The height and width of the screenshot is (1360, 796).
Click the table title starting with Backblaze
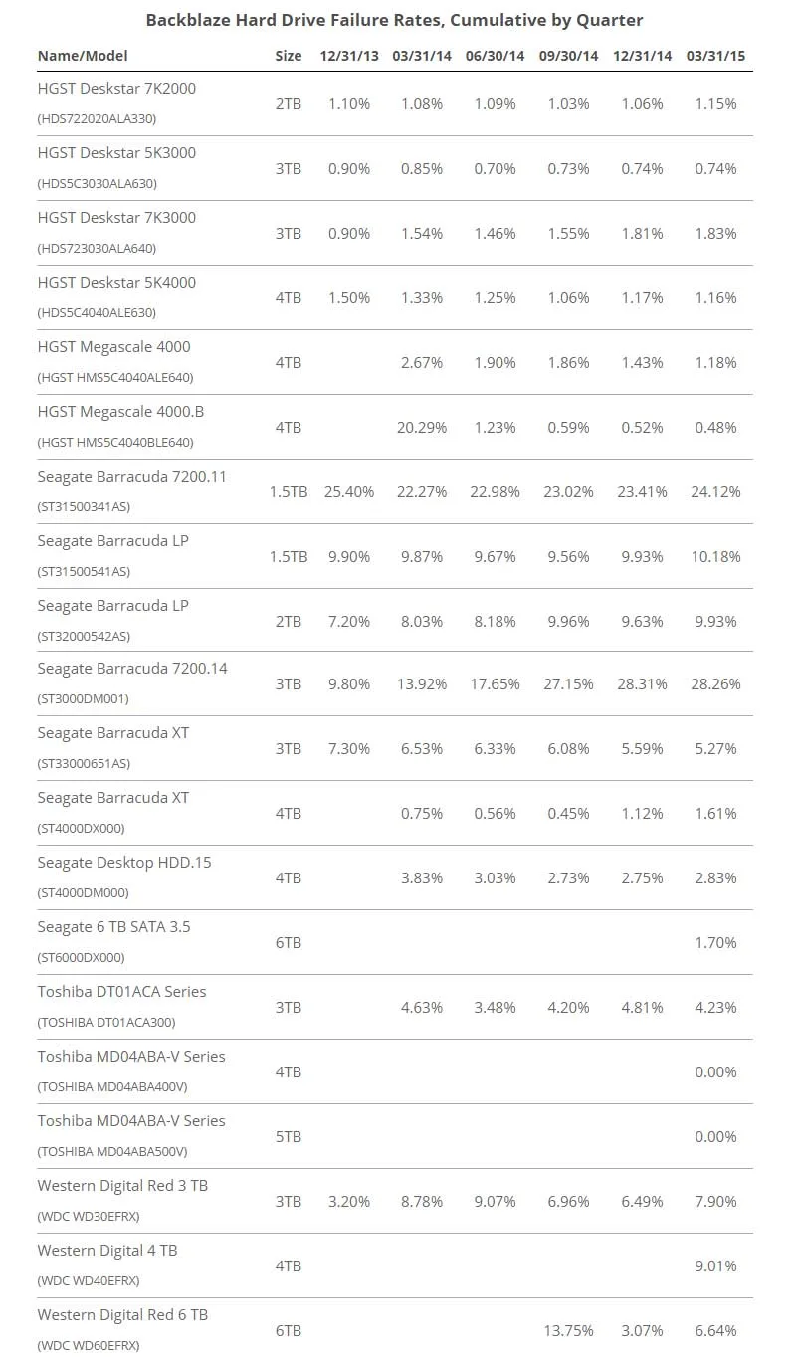[x=394, y=20]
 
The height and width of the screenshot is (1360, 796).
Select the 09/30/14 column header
[x=568, y=56]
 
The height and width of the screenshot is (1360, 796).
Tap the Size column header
[x=288, y=56]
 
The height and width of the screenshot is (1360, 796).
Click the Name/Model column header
[x=83, y=56]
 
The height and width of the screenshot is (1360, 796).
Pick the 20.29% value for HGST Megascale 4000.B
[x=421, y=428]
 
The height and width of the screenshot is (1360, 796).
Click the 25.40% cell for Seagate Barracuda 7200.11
[x=349, y=491]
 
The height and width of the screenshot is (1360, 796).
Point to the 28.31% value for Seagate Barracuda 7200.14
[x=642, y=684]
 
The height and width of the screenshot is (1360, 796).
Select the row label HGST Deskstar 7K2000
[x=116, y=89]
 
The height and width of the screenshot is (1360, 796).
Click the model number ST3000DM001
[x=84, y=699]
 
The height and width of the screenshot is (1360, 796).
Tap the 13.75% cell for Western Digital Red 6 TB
[x=568, y=1331]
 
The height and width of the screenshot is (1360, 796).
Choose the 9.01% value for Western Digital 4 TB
[x=715, y=1265]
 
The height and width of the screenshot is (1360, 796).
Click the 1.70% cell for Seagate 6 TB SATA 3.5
[x=715, y=943]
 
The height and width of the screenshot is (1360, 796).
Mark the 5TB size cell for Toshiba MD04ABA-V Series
[x=288, y=1136]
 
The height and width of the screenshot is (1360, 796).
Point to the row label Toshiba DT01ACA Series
[x=121, y=992]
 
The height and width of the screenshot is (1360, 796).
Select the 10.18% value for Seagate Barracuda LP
[x=715, y=557]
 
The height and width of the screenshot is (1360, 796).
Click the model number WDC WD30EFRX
[x=89, y=1217]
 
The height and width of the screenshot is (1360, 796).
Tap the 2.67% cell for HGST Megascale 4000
[x=421, y=363]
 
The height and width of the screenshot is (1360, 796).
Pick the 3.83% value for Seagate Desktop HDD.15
[x=421, y=877]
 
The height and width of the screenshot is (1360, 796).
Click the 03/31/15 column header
[x=715, y=56]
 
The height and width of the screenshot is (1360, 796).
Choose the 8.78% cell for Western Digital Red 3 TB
[x=421, y=1202]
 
